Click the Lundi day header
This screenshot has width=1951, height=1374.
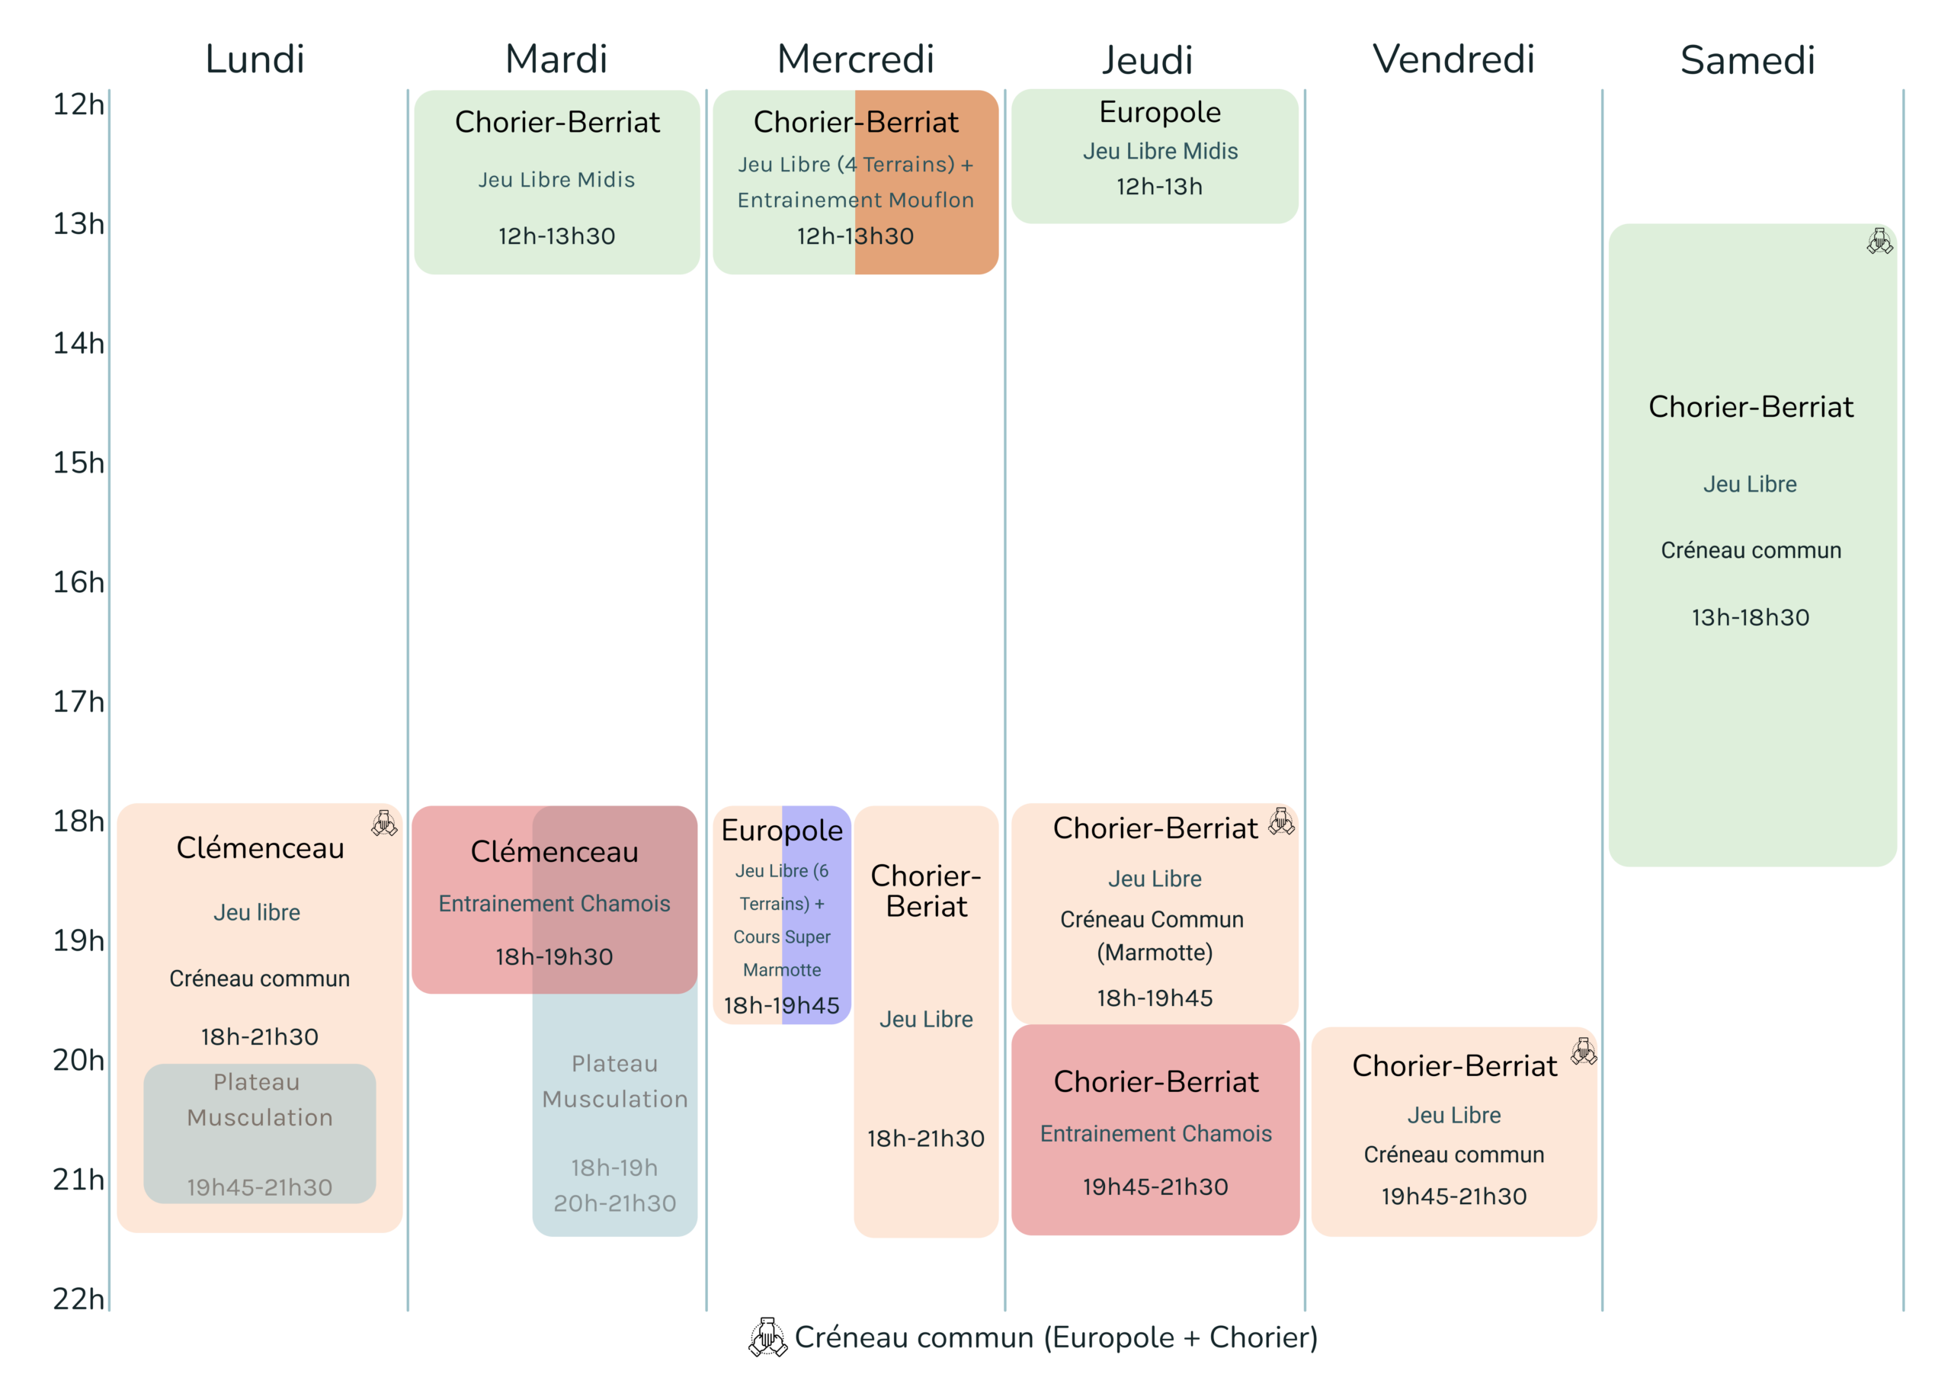(x=255, y=59)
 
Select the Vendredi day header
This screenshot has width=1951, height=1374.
(x=1453, y=59)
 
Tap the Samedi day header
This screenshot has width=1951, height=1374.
(x=1748, y=60)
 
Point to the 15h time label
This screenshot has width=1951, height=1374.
(x=78, y=463)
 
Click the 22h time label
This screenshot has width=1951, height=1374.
(x=78, y=1299)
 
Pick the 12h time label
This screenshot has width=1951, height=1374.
(x=78, y=104)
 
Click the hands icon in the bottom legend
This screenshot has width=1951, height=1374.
(x=767, y=1337)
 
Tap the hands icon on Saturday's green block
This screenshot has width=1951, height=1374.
(x=1879, y=242)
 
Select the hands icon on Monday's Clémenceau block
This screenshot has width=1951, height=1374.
(x=384, y=822)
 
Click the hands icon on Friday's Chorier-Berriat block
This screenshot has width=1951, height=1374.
(x=1584, y=1051)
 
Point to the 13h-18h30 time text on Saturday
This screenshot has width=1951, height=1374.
(x=1751, y=617)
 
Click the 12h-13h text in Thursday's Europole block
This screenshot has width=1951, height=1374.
(x=1159, y=186)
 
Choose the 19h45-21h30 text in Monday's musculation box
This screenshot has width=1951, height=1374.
(x=259, y=1187)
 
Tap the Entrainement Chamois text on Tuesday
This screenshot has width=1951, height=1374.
(x=554, y=903)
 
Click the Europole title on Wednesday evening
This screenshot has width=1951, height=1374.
(x=782, y=830)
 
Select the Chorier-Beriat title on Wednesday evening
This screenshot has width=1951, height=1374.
(x=926, y=891)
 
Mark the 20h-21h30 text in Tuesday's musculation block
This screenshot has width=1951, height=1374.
(x=614, y=1203)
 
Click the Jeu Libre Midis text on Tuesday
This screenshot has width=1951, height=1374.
(x=556, y=179)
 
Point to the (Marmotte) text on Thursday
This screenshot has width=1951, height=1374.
(x=1155, y=953)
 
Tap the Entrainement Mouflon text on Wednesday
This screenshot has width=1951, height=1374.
(x=856, y=200)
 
